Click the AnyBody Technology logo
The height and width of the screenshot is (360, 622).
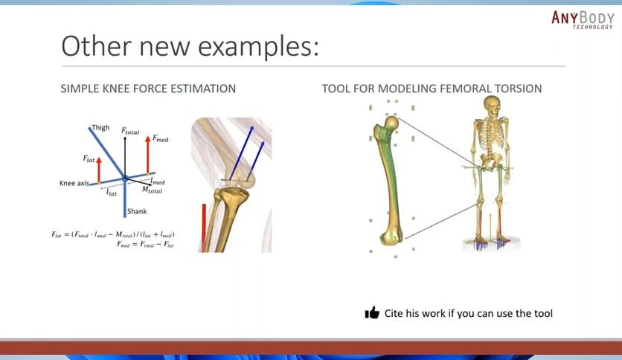[x=583, y=19]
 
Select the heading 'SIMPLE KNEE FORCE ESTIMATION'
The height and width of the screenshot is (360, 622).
[x=148, y=89]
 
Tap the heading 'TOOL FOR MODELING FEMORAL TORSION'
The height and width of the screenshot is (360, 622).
[x=432, y=89]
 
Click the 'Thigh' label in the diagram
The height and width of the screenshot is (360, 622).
[x=100, y=128]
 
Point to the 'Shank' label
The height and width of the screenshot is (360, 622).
[x=137, y=211]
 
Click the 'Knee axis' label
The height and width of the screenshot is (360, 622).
[x=74, y=183]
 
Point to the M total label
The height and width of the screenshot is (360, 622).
[x=153, y=190]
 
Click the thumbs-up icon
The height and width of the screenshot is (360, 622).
[x=373, y=313]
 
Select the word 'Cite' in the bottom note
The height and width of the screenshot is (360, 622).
[x=396, y=313]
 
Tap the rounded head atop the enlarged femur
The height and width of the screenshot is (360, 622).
[x=391, y=123]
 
